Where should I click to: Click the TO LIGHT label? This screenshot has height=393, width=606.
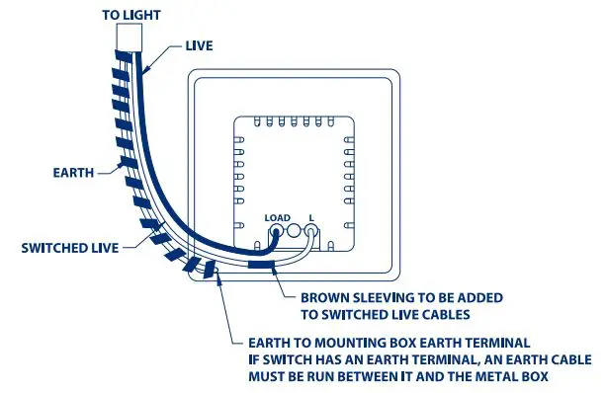coord(132,15)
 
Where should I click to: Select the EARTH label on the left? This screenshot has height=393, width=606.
coord(73,172)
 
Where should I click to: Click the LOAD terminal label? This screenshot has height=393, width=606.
coord(277,217)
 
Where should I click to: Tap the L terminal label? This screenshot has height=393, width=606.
coord(312,217)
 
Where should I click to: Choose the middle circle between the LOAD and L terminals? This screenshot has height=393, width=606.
coord(294,232)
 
